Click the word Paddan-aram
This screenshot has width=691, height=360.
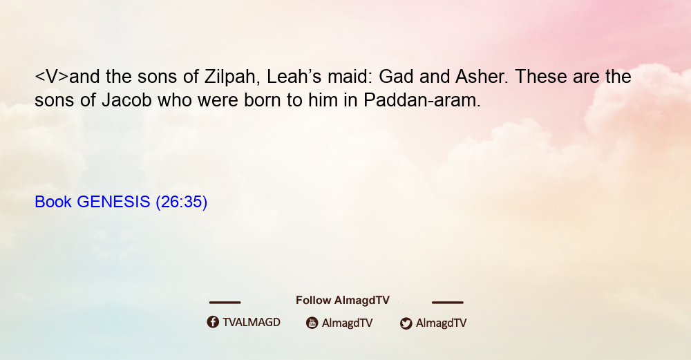422,100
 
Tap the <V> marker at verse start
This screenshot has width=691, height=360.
52,77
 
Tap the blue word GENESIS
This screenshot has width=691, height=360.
113,202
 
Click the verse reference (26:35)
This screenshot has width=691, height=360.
182,202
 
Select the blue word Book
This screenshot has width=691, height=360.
53,202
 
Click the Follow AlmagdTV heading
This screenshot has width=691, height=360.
343,301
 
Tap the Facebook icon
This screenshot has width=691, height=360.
213,322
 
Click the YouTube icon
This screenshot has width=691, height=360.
312,323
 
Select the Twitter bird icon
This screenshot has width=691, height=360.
406,323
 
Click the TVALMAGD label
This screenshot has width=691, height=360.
252,322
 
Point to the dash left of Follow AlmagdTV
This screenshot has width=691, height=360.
225,303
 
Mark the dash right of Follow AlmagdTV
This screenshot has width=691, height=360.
448,303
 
